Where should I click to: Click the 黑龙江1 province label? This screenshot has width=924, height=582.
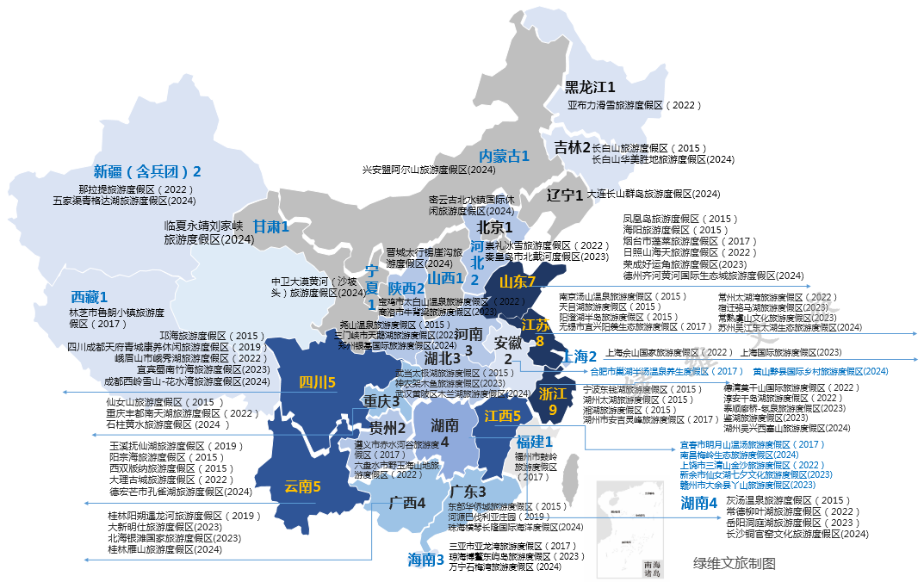590,88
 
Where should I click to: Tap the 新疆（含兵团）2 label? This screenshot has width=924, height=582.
147,170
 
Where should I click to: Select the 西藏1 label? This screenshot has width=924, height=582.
89,297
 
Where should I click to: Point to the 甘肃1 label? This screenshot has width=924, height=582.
270,226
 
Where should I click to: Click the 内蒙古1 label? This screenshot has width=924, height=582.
504,156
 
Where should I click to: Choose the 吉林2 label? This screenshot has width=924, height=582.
572,147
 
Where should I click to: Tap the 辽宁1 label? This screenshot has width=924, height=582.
565,195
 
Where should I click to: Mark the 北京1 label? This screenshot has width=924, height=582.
494,228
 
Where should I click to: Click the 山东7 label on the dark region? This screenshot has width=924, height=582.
518,282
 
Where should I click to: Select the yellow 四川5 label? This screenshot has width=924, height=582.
317,382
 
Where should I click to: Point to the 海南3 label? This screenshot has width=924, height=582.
425,560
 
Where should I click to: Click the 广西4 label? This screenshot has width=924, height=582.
406,503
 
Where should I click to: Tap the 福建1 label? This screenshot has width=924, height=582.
534,442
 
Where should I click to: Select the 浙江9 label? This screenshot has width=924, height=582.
552,402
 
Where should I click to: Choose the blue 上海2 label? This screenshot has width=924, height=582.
580,356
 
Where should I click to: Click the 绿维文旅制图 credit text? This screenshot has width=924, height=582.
735,563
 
